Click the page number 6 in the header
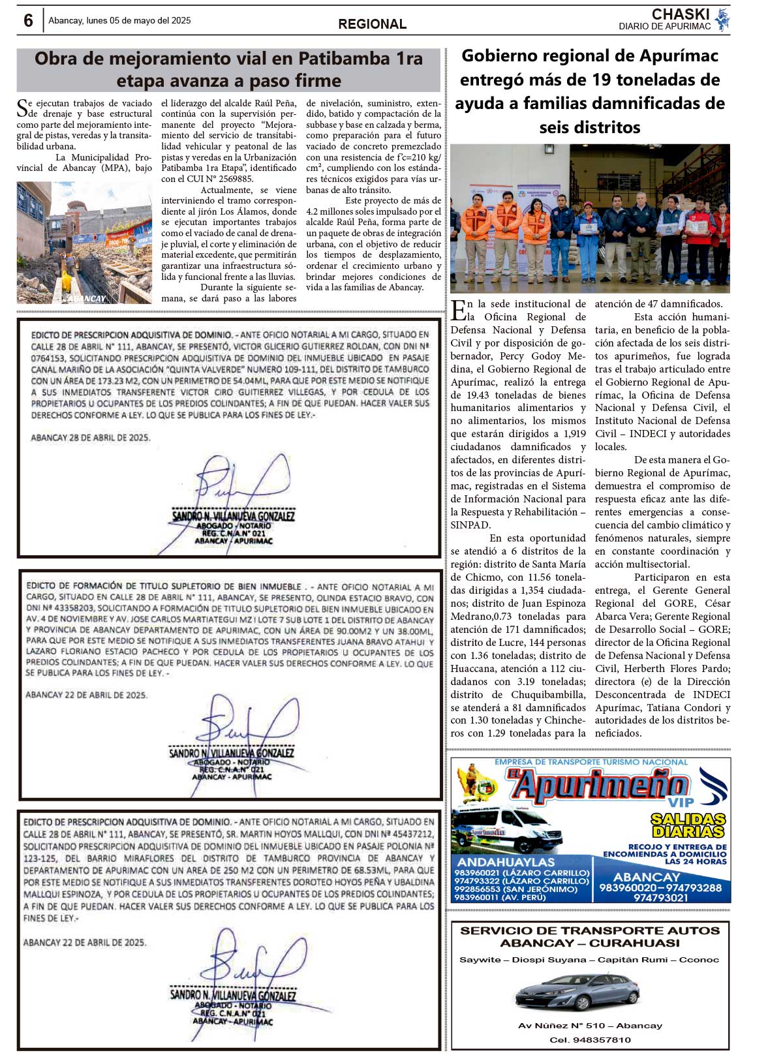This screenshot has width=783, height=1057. [x=28, y=21]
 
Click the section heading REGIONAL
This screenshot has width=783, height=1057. [x=372, y=24]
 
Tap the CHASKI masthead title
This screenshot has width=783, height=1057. [x=680, y=14]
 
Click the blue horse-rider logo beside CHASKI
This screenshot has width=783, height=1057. [x=722, y=20]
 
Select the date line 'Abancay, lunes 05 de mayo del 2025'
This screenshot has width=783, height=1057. [x=119, y=21]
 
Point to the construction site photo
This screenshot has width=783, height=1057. [x=84, y=242]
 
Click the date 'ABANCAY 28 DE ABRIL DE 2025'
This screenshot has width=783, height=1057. [x=91, y=438]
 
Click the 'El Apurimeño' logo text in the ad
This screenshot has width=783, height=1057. [x=597, y=786]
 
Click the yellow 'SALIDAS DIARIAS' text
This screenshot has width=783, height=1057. [x=688, y=825]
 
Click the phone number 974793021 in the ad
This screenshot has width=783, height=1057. [x=660, y=898]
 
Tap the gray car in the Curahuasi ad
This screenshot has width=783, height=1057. [x=577, y=992]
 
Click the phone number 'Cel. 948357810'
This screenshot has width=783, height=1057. [x=590, y=1040]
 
